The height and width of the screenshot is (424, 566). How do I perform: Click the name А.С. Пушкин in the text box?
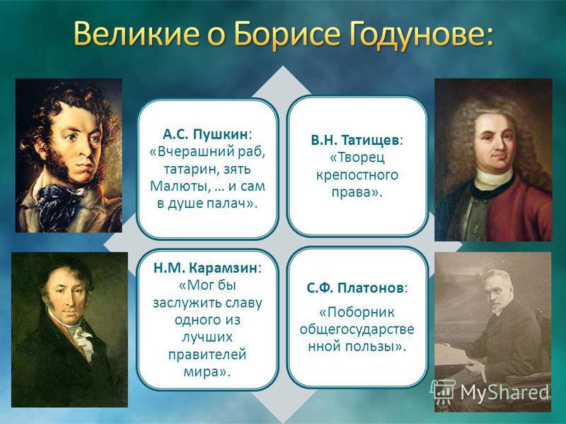point(205,134)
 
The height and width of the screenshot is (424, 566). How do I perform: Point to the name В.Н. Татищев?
point(355,140)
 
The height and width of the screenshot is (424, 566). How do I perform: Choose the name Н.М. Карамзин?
point(205,268)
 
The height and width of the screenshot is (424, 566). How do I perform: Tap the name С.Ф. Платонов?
point(355,288)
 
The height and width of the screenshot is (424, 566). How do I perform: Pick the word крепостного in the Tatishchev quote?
point(357,175)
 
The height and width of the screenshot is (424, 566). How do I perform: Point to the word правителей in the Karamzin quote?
point(207,354)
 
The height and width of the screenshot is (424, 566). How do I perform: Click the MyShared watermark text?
point(504,392)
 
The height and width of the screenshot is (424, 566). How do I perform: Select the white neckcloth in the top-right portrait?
point(494,179)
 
